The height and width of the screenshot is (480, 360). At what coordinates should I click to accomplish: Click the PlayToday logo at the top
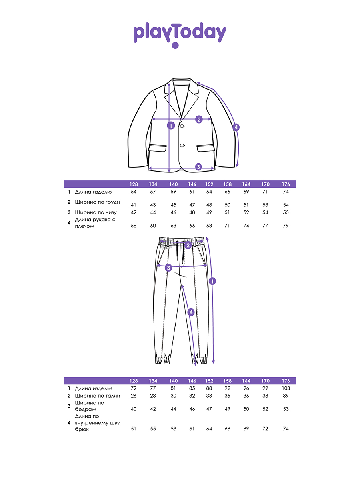tap(180, 35)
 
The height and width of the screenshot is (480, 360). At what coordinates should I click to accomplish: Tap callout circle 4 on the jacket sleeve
tap(236, 127)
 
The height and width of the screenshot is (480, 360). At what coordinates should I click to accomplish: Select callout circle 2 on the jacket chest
tap(199, 119)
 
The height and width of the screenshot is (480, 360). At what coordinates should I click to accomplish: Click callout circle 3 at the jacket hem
tap(198, 167)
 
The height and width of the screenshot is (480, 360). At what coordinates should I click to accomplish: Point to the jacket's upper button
tap(182, 126)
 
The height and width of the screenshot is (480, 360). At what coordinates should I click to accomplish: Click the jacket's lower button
tap(182, 145)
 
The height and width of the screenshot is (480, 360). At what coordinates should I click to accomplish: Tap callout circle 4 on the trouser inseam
tap(191, 312)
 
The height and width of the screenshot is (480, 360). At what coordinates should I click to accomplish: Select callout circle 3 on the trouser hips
tap(168, 268)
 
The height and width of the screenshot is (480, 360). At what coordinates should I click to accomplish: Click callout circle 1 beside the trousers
tap(212, 281)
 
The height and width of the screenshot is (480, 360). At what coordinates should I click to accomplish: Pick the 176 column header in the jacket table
tap(286, 184)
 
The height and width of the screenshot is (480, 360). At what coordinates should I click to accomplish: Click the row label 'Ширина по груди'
tap(97, 202)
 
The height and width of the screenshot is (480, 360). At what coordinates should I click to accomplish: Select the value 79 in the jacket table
tap(286, 226)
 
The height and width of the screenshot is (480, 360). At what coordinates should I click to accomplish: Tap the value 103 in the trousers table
tap(286, 388)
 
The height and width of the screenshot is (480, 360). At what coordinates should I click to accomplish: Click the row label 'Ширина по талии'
tap(98, 396)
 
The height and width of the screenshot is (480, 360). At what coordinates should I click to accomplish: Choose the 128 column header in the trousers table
tap(134, 381)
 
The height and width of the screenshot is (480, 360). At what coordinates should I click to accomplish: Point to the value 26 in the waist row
tap(134, 396)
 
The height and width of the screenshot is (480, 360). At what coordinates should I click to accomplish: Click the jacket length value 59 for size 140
tap(173, 192)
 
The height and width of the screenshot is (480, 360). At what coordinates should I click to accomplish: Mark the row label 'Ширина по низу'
tap(96, 212)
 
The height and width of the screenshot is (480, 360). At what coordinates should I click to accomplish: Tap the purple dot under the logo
tap(175, 46)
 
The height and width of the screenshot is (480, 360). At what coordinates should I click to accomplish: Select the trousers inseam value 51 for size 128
tap(134, 429)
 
